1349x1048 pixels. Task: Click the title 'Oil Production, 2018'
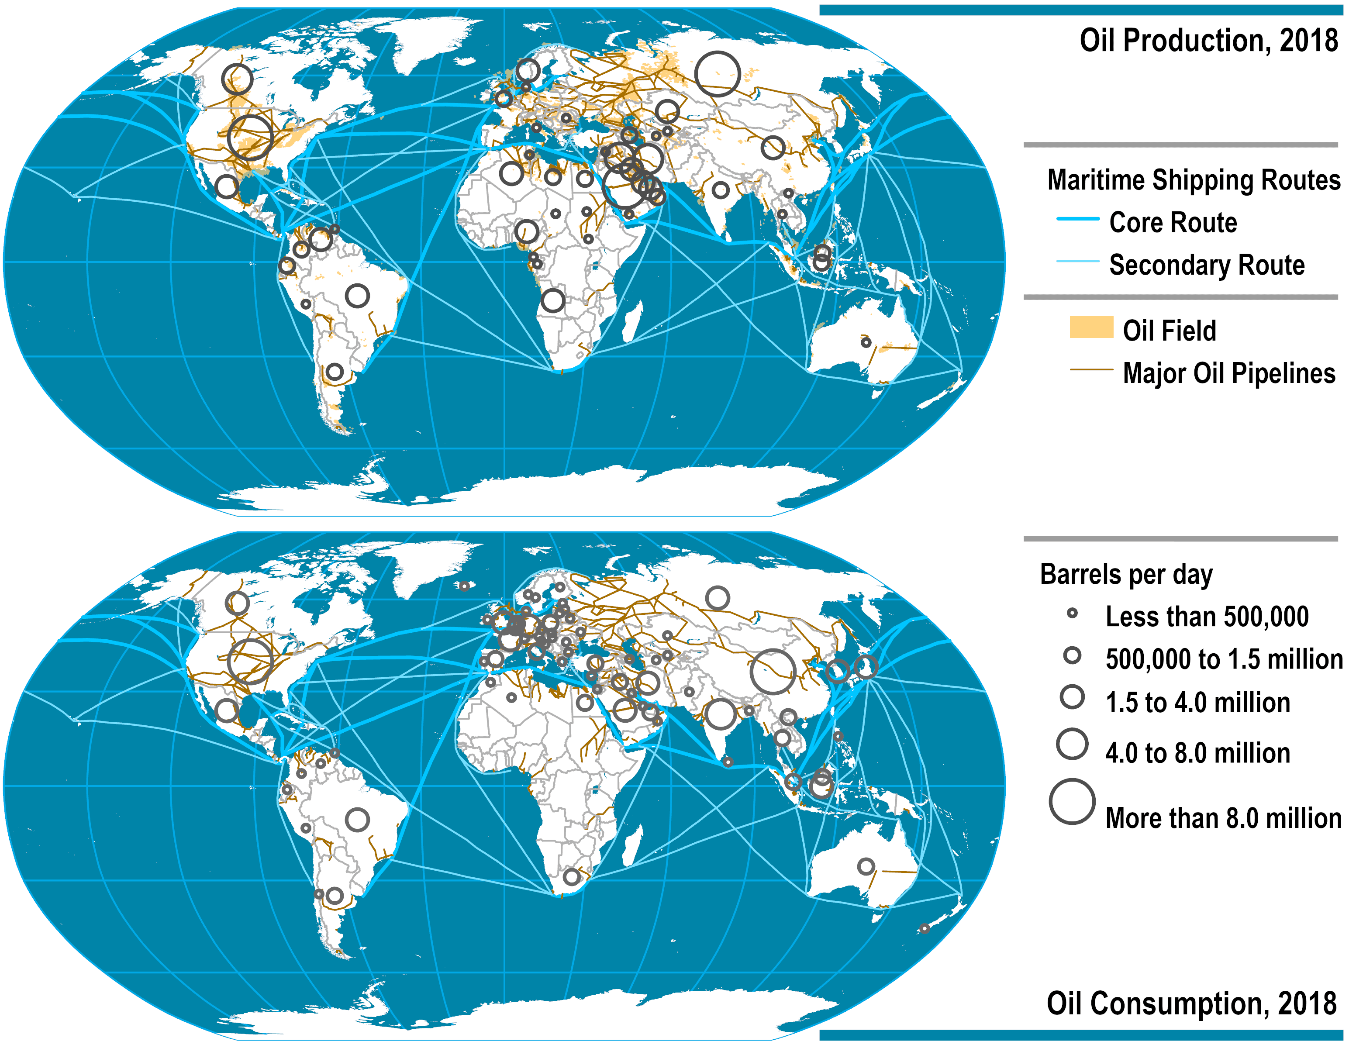[1208, 41]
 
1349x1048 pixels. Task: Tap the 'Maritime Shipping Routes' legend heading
[1194, 180]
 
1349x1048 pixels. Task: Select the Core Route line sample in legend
[1078, 219]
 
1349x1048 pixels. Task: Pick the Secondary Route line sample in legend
[1078, 261]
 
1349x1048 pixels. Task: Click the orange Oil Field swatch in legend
[1091, 327]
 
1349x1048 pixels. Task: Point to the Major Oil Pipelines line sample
[1091, 370]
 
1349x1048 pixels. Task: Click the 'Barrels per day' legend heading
[1126, 574]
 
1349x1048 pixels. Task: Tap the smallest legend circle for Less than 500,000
[1072, 613]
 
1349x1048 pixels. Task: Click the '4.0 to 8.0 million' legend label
[1197, 753]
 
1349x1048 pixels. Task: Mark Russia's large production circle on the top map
[717, 73]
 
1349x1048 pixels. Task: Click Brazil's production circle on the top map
[357, 296]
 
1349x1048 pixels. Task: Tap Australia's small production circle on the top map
[866, 342]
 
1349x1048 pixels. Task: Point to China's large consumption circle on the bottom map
[773, 671]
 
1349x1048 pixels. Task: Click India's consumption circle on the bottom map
[720, 714]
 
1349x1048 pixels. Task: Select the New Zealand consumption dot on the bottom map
[924, 928]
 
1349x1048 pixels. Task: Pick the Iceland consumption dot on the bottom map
[464, 586]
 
